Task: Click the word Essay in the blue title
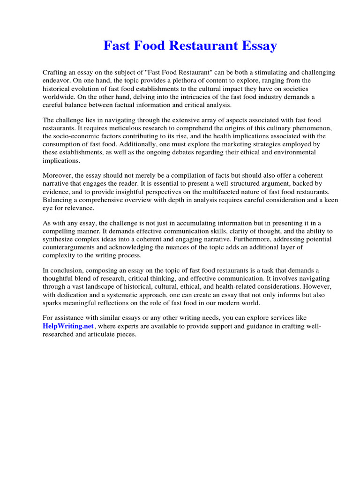coord(257,46)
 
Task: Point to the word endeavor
coord(57,81)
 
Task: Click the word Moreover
coord(58,176)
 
